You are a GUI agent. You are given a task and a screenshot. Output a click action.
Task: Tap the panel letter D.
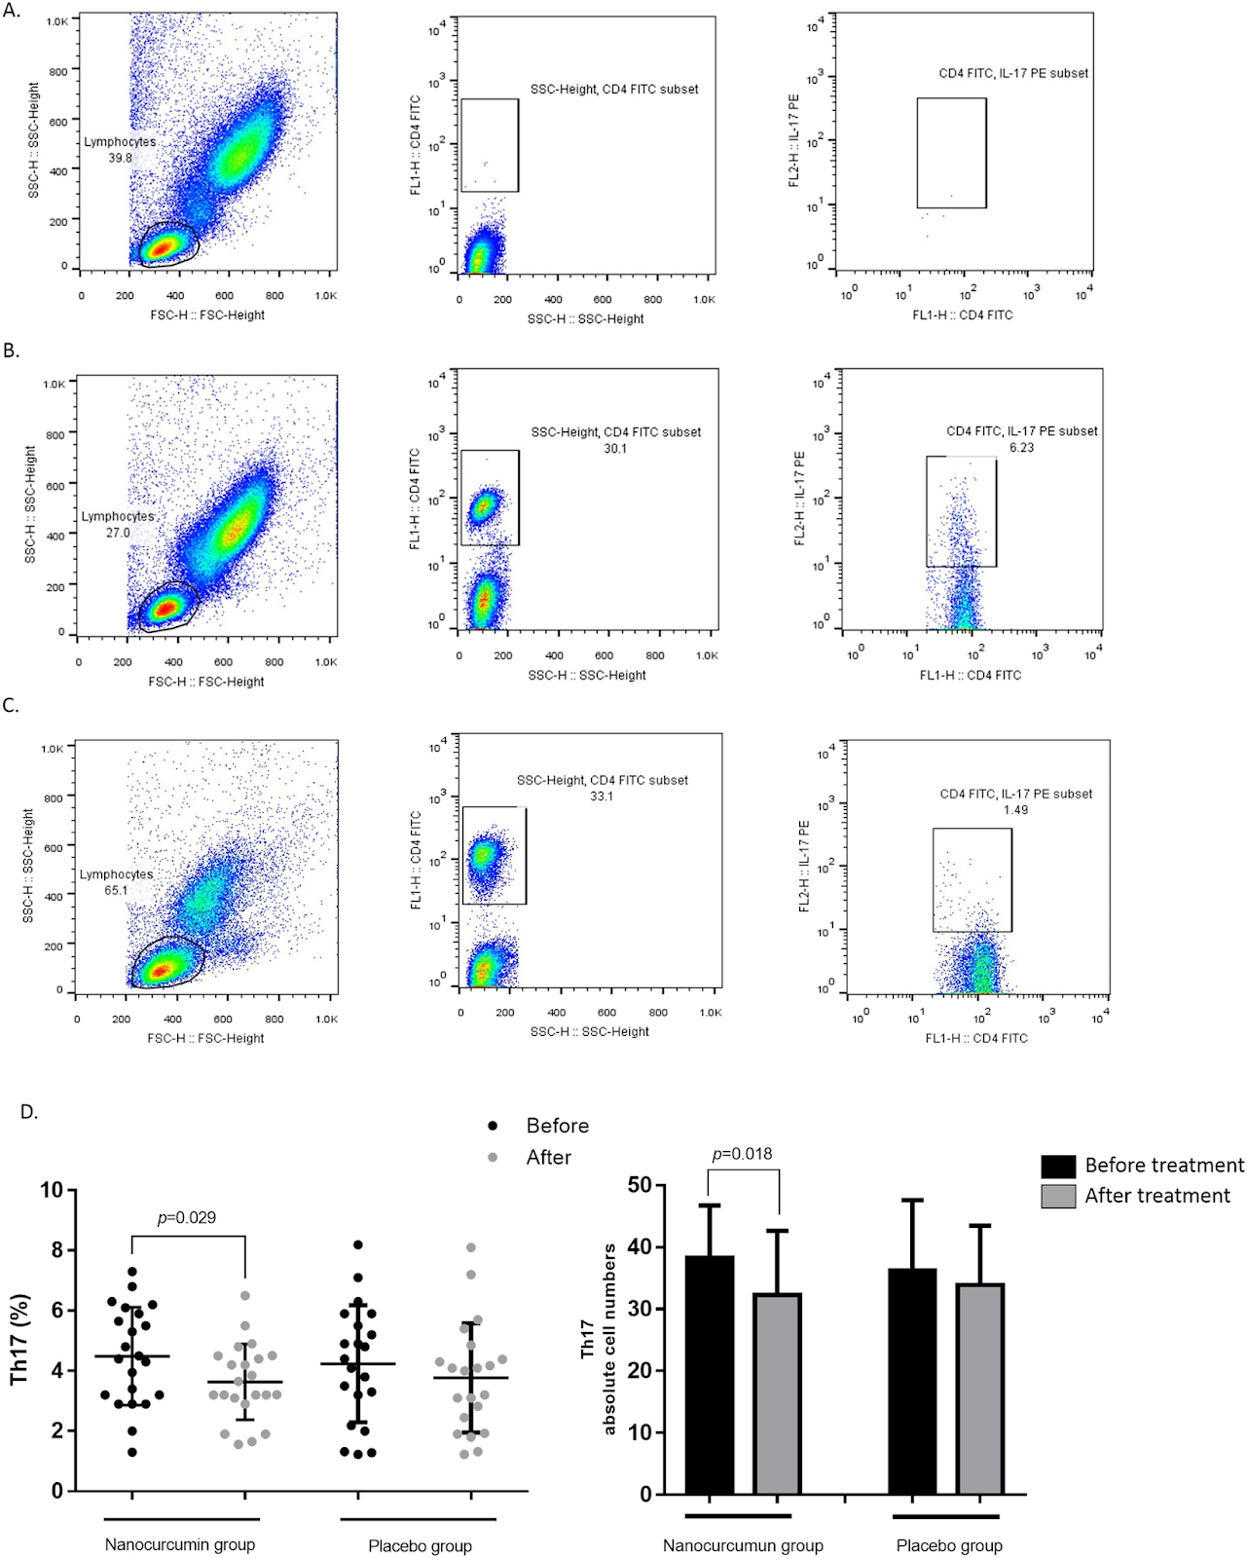tap(29, 1111)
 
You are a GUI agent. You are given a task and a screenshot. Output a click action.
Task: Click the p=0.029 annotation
tap(187, 1217)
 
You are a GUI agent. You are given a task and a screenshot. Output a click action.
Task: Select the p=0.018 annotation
tap(743, 1154)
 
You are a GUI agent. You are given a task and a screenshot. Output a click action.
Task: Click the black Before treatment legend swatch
tap(1058, 1166)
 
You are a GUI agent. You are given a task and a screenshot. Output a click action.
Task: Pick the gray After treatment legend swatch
tap(1058, 1196)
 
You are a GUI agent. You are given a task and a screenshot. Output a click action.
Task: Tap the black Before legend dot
tap(493, 1126)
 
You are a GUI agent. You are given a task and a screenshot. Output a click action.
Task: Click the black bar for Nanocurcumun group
tap(710, 1374)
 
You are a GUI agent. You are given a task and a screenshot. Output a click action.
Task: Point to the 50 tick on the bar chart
tap(640, 1185)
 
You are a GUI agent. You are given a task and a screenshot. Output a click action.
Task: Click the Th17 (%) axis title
tap(19, 1340)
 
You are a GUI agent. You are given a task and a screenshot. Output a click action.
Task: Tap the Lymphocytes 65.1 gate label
tap(116, 882)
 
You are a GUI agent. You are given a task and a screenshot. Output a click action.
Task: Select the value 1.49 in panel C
tap(1015, 810)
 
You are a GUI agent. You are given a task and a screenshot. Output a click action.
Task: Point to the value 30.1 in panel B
tap(615, 449)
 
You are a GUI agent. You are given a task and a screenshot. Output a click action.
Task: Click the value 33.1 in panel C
tap(602, 797)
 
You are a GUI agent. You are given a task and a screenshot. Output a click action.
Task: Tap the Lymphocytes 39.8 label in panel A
tap(120, 150)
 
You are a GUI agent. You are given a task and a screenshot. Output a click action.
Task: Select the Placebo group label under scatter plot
tap(420, 1545)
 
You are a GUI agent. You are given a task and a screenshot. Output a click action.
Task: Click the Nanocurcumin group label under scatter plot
tap(180, 1544)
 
